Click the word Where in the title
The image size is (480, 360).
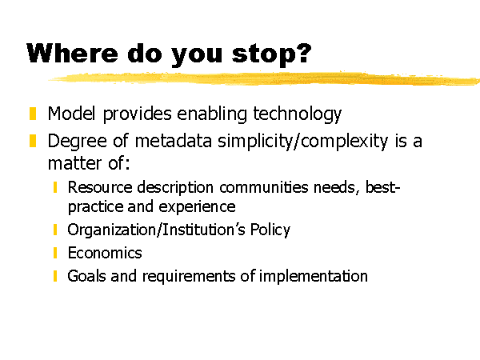[72, 53]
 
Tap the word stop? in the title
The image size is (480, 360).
[271, 54]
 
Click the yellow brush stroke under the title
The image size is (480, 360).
[264, 78]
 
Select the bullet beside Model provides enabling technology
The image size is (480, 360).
[33, 114]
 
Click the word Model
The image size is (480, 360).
[72, 114]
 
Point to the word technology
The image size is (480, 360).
[297, 114]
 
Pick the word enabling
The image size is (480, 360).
[212, 114]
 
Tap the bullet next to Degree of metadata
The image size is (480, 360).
[33, 141]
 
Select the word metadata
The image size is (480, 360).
[174, 142]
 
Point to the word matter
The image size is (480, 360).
[74, 163]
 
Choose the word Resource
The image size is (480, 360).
[100, 187]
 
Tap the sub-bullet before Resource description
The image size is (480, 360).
[55, 187]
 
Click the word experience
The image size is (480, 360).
[197, 207]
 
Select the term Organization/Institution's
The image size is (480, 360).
[156, 230]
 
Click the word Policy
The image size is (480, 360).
[270, 230]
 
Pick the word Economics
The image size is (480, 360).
[105, 253]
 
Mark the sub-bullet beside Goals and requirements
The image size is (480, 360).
[55, 276]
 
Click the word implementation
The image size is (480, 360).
[313, 277]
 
